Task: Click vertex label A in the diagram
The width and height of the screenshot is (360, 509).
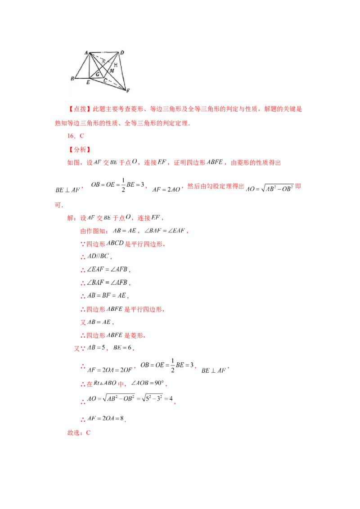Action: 85,53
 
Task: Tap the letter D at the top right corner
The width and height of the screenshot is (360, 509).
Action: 122,53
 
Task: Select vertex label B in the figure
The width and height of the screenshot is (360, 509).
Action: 72,79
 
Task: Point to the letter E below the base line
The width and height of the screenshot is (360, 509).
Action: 88,83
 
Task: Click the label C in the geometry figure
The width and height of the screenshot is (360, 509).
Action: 105,81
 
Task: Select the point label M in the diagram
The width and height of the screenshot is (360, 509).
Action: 112,71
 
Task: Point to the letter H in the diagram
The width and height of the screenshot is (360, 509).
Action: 116,65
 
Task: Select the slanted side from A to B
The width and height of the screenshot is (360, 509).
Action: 81,66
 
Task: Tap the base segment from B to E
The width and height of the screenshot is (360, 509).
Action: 82,78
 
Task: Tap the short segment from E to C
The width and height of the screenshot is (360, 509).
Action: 97,78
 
